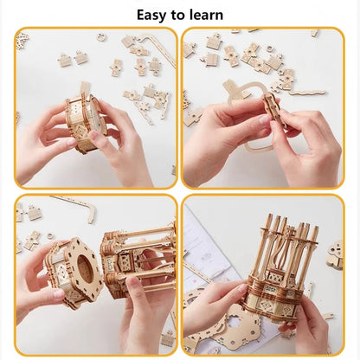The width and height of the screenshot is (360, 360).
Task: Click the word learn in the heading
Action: (x=205, y=15)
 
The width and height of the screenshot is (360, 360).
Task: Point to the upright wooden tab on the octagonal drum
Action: (x=85, y=90)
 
